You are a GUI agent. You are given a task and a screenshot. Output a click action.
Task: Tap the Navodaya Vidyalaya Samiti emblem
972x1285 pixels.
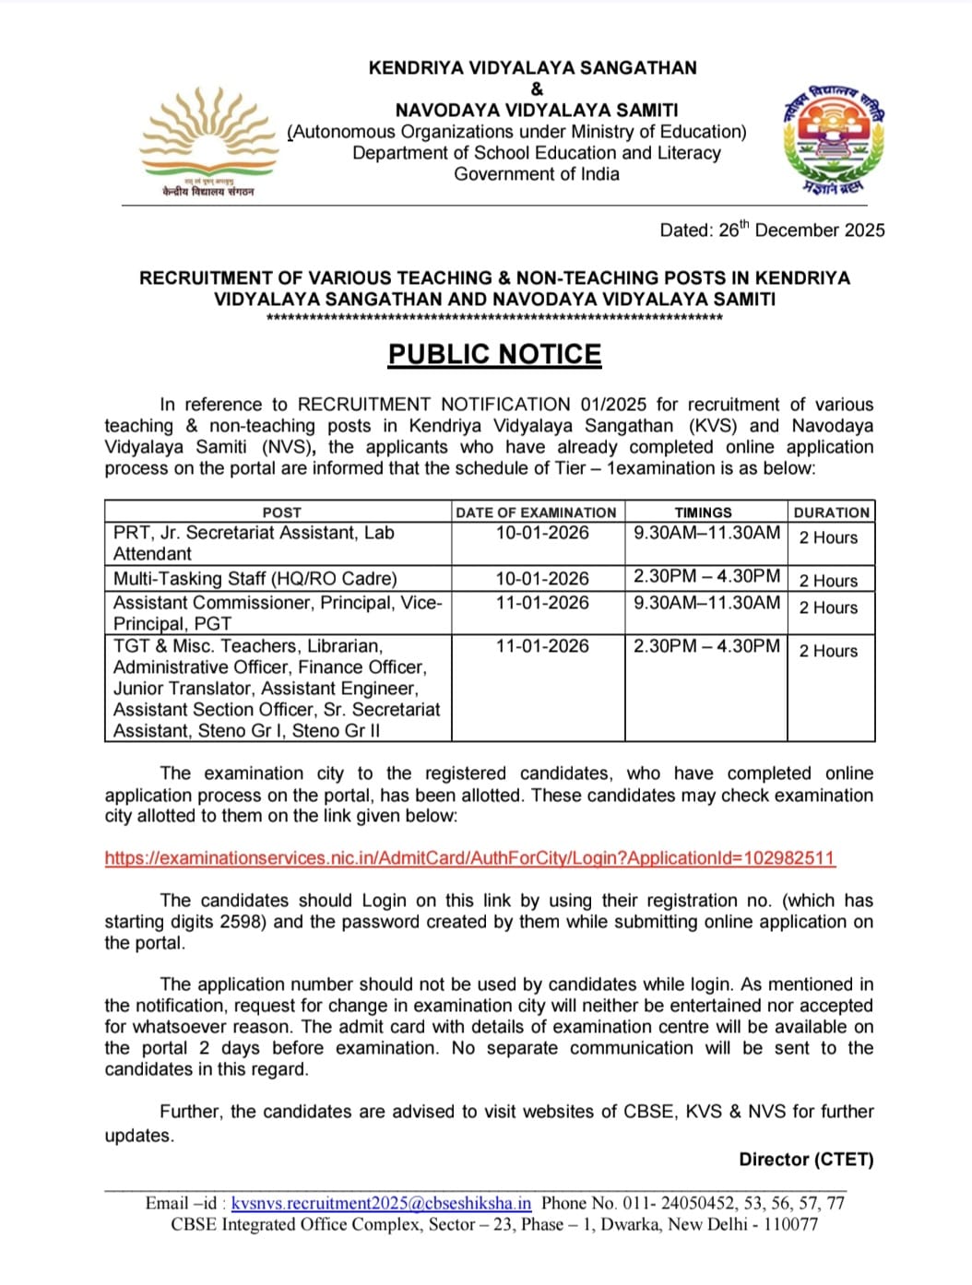(x=834, y=138)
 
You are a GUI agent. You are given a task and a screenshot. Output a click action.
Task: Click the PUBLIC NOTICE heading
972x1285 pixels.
(x=494, y=355)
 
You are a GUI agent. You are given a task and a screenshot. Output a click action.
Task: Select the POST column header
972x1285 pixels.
(x=281, y=513)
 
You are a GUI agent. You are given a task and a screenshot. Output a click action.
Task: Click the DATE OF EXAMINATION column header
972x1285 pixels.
(x=536, y=513)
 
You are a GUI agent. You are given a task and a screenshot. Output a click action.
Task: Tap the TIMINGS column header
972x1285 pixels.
(x=703, y=513)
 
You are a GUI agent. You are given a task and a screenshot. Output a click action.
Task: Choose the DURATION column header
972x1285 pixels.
(x=831, y=513)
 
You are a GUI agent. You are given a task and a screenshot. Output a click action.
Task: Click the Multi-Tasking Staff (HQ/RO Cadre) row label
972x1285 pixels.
(x=255, y=579)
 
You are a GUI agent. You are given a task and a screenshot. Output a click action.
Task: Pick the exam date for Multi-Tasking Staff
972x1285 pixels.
(x=541, y=579)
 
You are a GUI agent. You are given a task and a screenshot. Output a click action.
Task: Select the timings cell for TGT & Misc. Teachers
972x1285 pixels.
(x=706, y=646)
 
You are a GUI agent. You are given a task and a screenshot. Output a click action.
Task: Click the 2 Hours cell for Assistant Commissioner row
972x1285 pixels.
(x=828, y=607)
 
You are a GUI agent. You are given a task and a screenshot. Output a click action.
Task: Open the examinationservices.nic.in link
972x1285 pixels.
(x=469, y=858)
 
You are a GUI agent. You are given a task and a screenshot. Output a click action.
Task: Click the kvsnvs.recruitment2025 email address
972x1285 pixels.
(x=381, y=1203)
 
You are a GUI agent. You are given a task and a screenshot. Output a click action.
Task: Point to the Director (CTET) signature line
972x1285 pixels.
(x=806, y=1160)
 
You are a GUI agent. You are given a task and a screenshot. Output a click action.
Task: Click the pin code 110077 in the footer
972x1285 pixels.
(x=790, y=1224)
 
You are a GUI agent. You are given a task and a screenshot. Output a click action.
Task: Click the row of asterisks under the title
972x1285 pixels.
(x=494, y=318)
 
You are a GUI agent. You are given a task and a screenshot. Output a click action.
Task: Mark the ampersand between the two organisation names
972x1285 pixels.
(x=537, y=89)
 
